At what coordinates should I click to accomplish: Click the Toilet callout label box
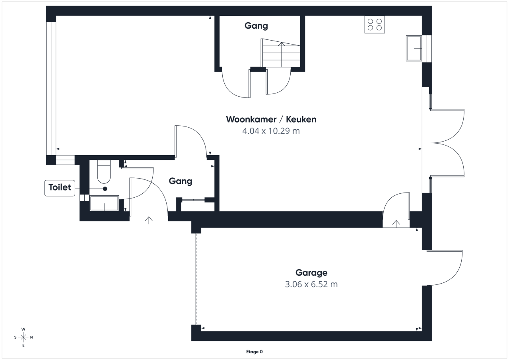[x=60, y=187]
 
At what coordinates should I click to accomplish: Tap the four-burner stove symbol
[x=375, y=25]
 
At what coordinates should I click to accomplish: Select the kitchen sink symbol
[x=414, y=48]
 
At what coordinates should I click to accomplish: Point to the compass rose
[x=23, y=337]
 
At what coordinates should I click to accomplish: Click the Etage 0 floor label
[x=254, y=352]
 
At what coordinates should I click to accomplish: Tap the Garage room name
[x=311, y=273]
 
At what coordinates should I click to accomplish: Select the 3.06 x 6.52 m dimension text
[x=311, y=284]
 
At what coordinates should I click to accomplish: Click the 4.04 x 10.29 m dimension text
[x=271, y=131]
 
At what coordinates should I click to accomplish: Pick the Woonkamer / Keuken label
[x=271, y=119]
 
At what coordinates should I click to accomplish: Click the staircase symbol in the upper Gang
[x=281, y=53]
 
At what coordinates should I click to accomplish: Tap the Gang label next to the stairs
[x=256, y=26]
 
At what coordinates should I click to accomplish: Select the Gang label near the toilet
[x=181, y=181]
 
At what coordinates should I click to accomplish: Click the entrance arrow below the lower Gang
[x=149, y=220]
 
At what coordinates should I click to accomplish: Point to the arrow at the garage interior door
[x=396, y=223]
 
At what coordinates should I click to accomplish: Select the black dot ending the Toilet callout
[x=105, y=189]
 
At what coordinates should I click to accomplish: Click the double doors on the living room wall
[x=447, y=142]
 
